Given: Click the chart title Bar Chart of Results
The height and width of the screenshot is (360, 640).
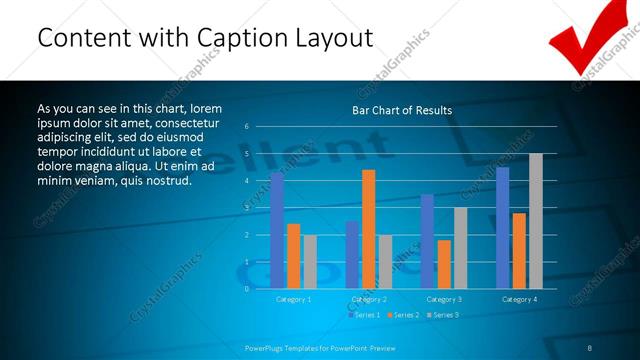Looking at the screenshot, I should (x=402, y=110).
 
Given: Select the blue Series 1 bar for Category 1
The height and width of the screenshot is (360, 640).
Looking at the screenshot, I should (x=277, y=230).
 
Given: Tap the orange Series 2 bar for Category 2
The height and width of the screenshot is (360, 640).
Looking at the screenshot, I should (x=369, y=229).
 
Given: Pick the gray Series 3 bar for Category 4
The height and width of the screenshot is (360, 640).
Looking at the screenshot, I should (x=536, y=221).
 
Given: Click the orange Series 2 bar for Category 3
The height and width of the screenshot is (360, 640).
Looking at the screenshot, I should (x=444, y=264).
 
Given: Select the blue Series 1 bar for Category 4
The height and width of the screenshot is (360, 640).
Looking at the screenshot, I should (x=502, y=228).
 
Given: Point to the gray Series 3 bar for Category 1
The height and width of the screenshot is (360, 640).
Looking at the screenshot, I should (x=310, y=261).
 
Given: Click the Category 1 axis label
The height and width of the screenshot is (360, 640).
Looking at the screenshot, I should (x=293, y=299).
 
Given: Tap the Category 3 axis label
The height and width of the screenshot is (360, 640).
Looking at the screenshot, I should (x=443, y=299).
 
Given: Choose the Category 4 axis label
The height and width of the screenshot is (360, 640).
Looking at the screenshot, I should (x=519, y=299).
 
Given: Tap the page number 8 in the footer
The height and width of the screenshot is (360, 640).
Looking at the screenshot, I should (x=590, y=348).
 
